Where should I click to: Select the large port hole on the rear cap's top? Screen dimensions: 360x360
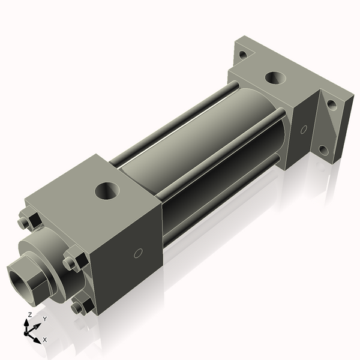coord(276,78)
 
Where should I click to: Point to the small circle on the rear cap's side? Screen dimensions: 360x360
coord(304,128)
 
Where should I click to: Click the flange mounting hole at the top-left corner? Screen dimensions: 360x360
coord(242,55)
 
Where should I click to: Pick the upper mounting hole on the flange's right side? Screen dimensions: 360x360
coord(331,104)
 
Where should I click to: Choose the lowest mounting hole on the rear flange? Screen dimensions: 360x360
coord(323,150)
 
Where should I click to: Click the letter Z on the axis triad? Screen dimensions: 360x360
coord(29,314)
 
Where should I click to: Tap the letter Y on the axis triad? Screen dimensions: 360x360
coord(44,319)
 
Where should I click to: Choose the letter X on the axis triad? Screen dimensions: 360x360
coord(45,340)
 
